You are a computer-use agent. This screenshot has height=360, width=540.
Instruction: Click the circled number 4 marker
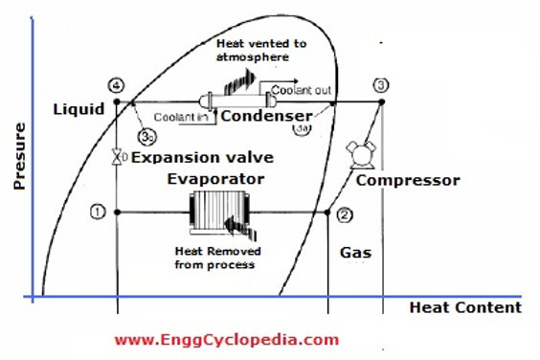pos(117,86)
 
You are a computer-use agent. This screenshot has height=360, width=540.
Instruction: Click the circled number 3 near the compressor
pos(381,86)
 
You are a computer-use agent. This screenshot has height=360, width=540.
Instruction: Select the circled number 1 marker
pos(98,211)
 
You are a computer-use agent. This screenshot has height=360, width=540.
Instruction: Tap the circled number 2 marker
pos(346,214)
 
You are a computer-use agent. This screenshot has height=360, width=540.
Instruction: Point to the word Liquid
pos(78,110)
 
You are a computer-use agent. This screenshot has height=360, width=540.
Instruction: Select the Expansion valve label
pos(203,156)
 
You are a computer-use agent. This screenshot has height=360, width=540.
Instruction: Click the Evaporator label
pos(215,178)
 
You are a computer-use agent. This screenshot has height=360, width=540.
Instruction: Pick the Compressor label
pos(407,180)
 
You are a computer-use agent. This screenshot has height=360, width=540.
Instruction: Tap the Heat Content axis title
pos(465,307)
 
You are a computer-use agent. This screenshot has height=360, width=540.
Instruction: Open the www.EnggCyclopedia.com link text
pos(226,339)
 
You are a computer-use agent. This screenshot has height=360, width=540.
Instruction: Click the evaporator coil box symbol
pos(219,213)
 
